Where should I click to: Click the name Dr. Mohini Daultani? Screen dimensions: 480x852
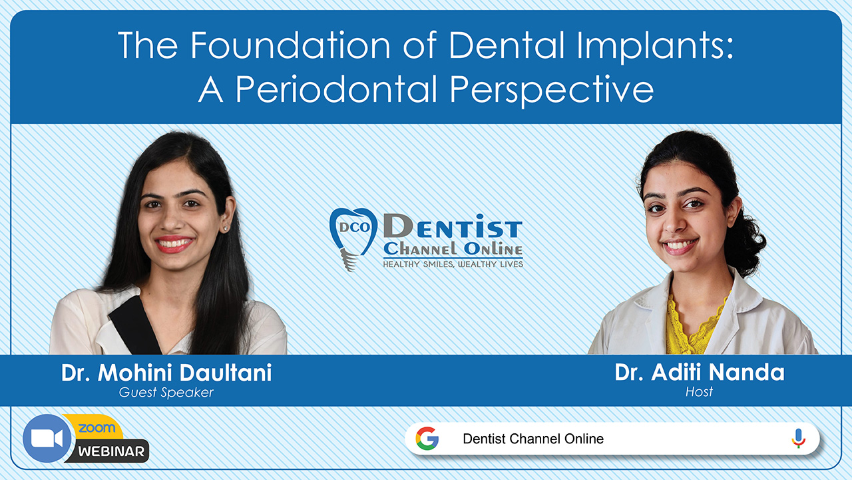pos(166,373)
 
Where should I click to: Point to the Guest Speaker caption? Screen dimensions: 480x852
pos(166,392)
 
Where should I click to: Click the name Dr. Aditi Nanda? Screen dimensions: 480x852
pos(700,372)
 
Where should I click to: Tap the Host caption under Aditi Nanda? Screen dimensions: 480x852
pos(699,391)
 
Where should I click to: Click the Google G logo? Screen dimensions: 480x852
pos(427,439)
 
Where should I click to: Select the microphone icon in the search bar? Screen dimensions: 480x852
pos(798,438)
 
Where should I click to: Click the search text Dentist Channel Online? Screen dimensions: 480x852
pos(533,439)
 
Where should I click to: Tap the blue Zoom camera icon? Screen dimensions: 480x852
pos(47,439)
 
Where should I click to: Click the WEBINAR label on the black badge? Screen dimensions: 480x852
pos(111,451)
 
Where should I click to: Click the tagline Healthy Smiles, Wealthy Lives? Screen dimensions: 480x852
pos(453,264)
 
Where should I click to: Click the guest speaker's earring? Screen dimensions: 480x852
pos(224,229)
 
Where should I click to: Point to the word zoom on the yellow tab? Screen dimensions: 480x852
pos(96,428)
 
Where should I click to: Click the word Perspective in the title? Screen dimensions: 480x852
pos(544,89)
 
